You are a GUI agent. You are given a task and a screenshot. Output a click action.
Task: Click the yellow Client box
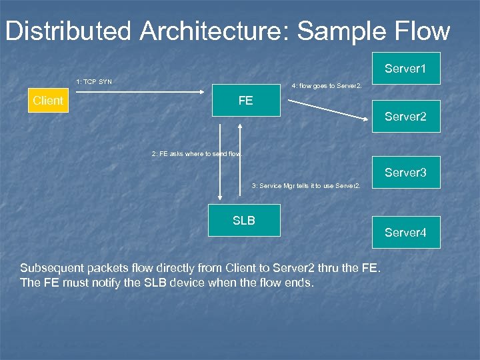[48, 101]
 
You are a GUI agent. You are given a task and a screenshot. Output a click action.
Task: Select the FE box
[246, 101]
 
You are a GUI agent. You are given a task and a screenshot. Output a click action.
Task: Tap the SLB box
[244, 221]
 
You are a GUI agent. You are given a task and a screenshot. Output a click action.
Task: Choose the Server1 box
[405, 68]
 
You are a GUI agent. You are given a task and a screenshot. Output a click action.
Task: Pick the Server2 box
[405, 117]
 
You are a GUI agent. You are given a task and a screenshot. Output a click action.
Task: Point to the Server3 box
[405, 173]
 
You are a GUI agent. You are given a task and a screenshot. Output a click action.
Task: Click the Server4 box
[405, 233]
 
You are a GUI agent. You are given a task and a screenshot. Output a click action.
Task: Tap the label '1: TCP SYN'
[94, 82]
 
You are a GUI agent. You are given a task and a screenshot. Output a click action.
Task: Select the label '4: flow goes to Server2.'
[327, 86]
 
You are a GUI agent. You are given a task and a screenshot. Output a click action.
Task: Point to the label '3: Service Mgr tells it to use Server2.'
[306, 186]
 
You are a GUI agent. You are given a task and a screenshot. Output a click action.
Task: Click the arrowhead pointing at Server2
[366, 119]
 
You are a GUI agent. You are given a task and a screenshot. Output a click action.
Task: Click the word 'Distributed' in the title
[69, 31]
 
